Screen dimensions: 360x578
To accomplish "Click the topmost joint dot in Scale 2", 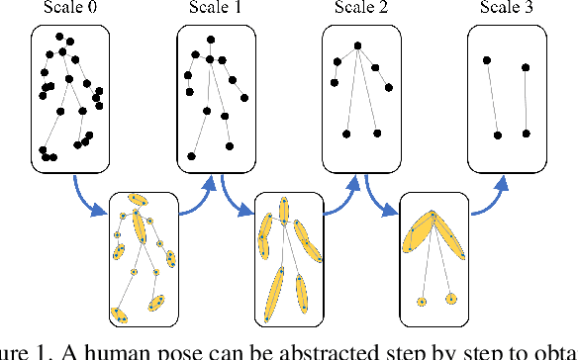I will click(x=357, y=45).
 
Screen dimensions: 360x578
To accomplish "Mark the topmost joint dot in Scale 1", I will click(x=209, y=42).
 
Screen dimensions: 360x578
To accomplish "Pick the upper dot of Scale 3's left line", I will click(x=486, y=60).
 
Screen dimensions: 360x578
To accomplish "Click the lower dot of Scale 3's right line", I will click(x=527, y=133).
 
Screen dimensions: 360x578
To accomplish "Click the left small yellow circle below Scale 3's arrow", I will click(x=422, y=300).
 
